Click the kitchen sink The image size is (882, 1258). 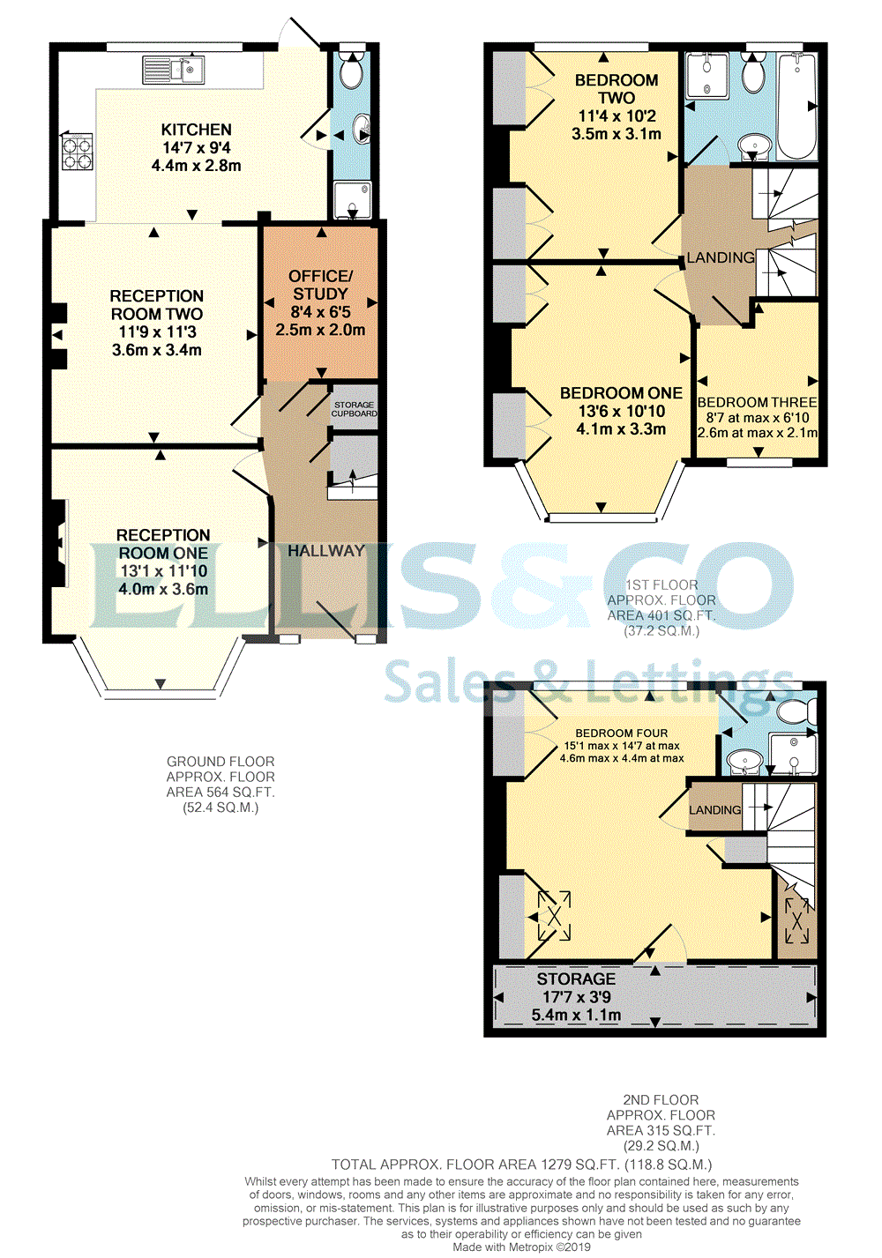tap(173, 70)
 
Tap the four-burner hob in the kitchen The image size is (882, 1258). tap(77, 153)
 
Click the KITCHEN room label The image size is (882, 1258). tap(197, 130)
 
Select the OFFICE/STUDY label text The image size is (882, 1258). tap(320, 285)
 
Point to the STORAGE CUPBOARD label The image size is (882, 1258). tap(354, 409)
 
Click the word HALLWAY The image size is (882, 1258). tap(326, 551)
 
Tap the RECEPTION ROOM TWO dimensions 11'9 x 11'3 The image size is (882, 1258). tap(157, 331)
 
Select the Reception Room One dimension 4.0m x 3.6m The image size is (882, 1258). tap(163, 589)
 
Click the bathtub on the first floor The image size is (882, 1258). tap(796, 106)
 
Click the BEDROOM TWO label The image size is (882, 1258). tap(617, 89)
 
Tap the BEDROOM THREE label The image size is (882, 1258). tap(758, 402)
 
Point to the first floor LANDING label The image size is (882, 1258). tap(721, 257)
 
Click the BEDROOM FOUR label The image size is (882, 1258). tap(621, 733)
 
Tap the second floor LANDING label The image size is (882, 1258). tap(714, 810)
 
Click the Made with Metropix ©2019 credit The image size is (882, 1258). tap(522, 1247)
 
